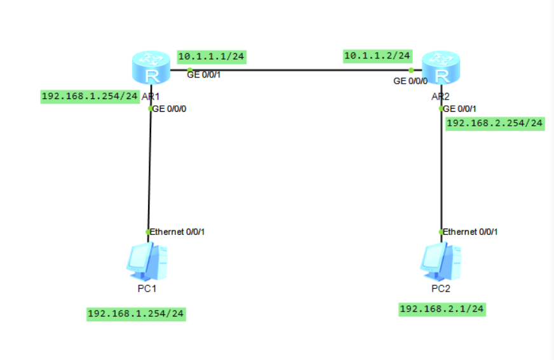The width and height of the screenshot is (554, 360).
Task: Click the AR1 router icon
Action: [x=151, y=70]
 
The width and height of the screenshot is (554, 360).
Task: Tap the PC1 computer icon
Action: [x=147, y=262]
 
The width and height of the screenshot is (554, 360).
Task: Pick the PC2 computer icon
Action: [x=440, y=262]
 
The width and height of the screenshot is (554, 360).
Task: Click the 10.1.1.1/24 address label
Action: [x=212, y=57]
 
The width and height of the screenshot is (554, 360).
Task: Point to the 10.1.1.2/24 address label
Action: [x=377, y=56]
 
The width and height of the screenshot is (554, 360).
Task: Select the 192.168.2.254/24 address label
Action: [x=495, y=123]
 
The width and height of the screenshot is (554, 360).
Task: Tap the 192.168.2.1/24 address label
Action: [x=442, y=309]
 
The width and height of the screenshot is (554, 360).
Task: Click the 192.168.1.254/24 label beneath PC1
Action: [x=136, y=314]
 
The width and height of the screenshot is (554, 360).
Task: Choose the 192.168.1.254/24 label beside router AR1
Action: [x=90, y=97]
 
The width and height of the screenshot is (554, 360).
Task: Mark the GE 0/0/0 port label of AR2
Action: [x=410, y=81]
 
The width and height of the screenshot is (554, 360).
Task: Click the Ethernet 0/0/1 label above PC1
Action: [x=177, y=232]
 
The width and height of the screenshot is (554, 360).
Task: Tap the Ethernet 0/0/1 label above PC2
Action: [x=470, y=232]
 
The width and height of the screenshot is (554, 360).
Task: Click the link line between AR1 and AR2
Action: [x=299, y=70]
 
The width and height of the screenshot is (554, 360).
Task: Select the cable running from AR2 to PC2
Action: [x=441, y=171]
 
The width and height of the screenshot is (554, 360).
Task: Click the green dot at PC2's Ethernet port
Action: [x=441, y=232]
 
